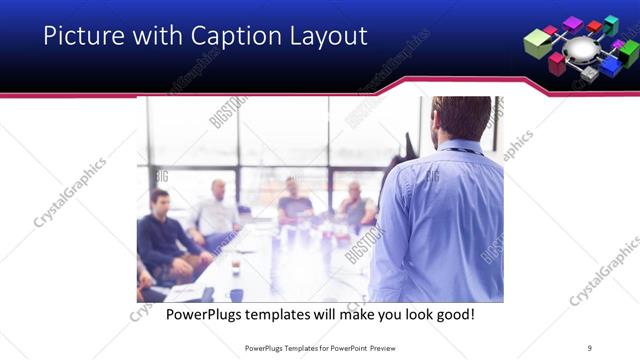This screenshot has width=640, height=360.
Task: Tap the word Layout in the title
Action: pos(328,37)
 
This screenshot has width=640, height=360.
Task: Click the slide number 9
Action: pos(590,347)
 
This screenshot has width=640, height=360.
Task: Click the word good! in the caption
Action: pos(451,315)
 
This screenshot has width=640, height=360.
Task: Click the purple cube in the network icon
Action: pos(572,22)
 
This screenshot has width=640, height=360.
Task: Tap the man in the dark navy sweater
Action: pos(160,240)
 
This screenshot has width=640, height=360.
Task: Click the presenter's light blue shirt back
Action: pos(440,220)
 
